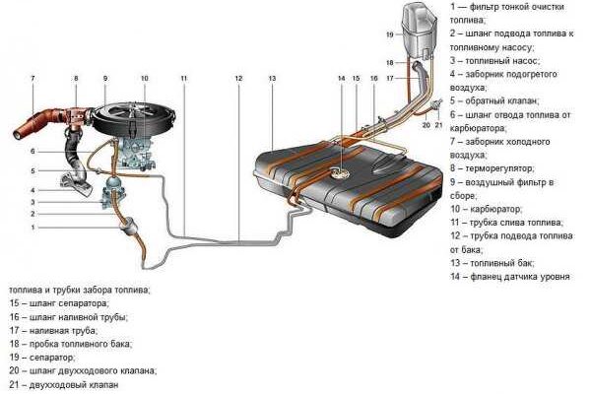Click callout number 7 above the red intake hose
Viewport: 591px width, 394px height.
[33, 77]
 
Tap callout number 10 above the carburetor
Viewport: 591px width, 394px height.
[144, 77]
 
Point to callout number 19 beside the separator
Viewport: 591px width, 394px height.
[390, 34]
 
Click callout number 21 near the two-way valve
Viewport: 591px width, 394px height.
[440, 125]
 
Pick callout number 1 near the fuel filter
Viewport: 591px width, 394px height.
[32, 228]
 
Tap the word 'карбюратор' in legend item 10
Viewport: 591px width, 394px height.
[500, 209]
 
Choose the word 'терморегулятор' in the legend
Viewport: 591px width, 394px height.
[502, 168]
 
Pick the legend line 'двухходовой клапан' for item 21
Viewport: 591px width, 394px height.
[78, 385]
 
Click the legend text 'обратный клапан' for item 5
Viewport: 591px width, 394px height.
[501, 100]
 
